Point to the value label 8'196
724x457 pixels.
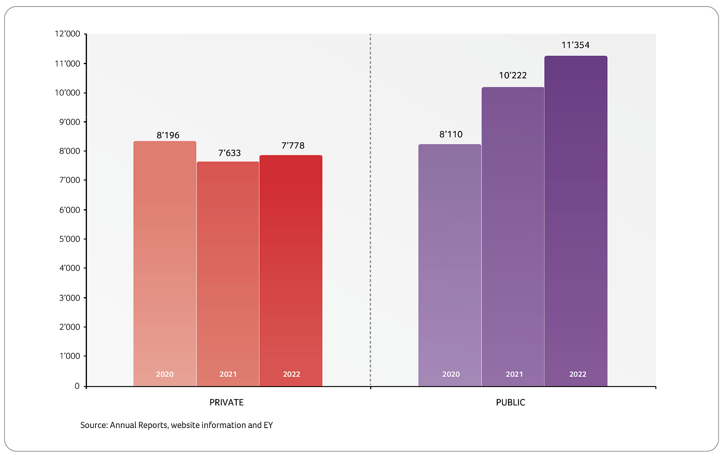tap(168, 135)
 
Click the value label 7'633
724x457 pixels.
tap(229, 153)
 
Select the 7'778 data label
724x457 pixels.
tap(293, 146)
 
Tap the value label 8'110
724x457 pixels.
tap(451, 134)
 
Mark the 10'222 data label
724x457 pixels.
tap(513, 75)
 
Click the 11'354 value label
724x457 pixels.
tap(576, 45)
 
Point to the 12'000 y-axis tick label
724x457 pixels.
tap(68, 34)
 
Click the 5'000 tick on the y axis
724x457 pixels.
tap(70, 239)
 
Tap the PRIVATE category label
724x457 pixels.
tap(227, 403)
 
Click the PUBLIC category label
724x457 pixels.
tap(510, 403)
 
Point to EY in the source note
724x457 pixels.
tap(268, 425)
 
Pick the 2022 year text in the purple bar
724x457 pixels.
tap(578, 374)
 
